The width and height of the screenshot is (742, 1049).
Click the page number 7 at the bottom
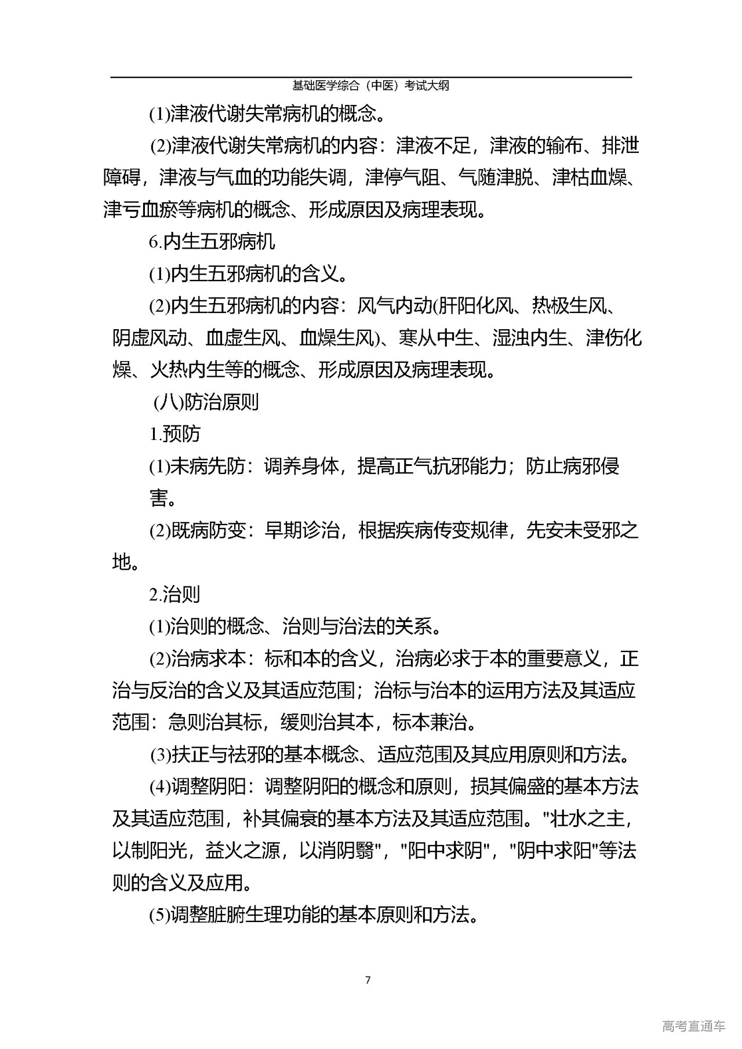pyautogui.click(x=368, y=980)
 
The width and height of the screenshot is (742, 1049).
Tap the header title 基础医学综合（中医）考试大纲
pyautogui.click(x=370, y=86)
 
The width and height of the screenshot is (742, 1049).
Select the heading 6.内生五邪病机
pyautogui.click(x=212, y=241)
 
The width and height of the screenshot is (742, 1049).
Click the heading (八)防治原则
pyautogui.click(x=206, y=402)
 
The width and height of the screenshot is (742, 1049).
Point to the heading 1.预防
pyautogui.click(x=175, y=434)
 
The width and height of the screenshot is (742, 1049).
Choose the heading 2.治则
pyautogui.click(x=175, y=594)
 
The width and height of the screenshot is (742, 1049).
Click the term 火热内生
pyautogui.click(x=187, y=369)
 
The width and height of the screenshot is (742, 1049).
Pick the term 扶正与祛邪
pyautogui.click(x=219, y=755)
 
